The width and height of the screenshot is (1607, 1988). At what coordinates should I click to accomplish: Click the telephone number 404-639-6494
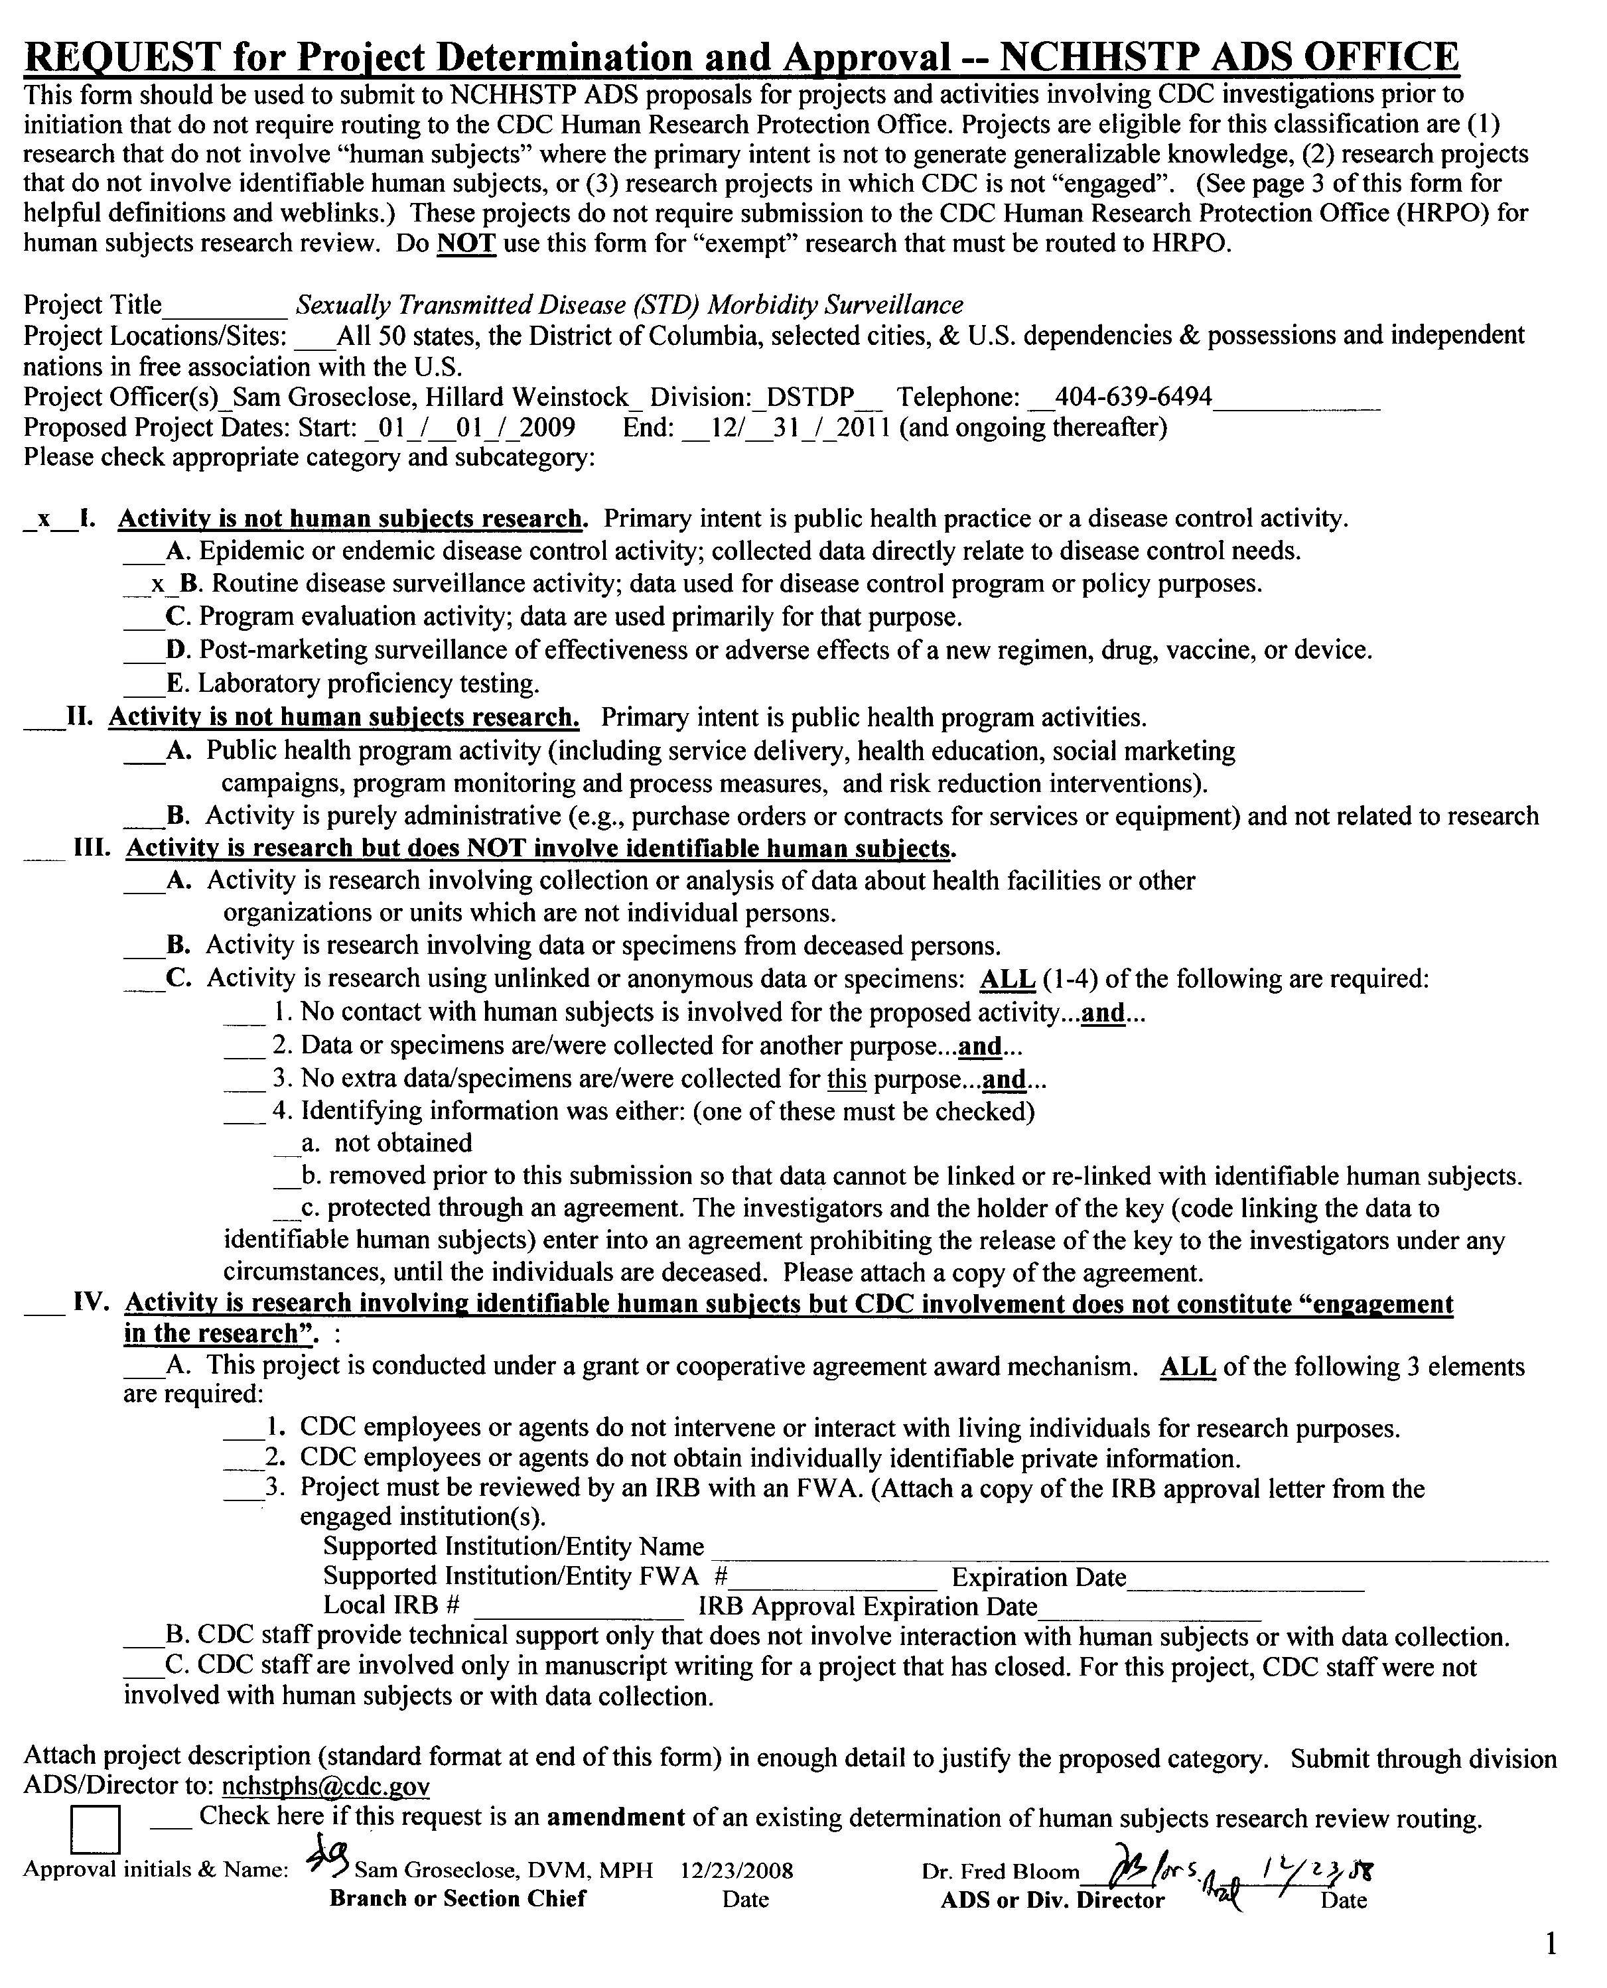[1133, 397]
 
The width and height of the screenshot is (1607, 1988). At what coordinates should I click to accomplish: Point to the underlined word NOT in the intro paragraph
[466, 244]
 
